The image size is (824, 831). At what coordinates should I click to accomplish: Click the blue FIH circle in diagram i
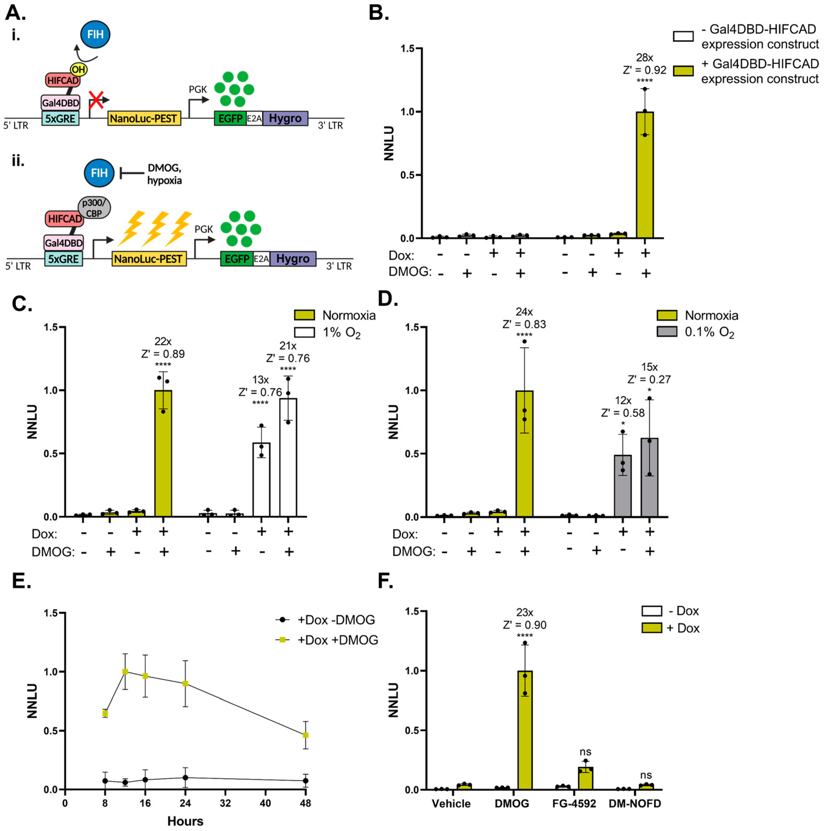95,34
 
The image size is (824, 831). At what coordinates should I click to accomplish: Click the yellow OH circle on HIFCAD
78,69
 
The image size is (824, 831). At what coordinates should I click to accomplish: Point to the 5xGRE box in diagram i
60,118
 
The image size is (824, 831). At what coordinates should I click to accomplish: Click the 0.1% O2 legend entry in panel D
697,332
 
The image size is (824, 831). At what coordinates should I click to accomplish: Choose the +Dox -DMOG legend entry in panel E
327,620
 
